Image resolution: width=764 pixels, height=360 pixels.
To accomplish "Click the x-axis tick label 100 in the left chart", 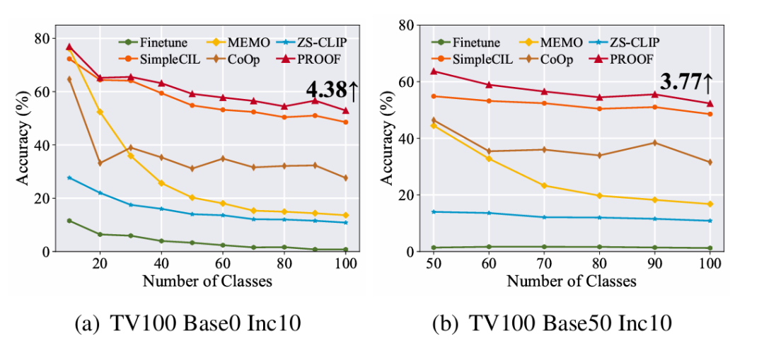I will (x=345, y=264).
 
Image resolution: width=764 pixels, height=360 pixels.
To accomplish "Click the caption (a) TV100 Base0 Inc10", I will (x=187, y=324).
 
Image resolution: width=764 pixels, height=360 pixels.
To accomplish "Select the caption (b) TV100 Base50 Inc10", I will (x=552, y=324).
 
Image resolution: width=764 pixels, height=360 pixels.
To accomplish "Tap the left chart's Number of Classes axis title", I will (x=207, y=281).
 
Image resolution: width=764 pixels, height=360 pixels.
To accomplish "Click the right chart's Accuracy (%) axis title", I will (x=387, y=139).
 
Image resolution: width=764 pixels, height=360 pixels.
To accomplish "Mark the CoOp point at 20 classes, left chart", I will (x=100, y=163).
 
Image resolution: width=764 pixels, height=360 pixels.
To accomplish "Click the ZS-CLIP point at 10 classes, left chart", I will (x=69, y=178).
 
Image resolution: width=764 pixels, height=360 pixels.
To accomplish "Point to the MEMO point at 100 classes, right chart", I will (x=710, y=204).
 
